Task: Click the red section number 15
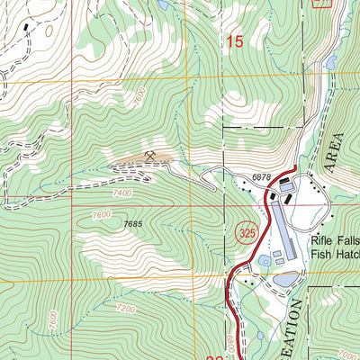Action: [235, 40]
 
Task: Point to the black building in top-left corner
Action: [25, 27]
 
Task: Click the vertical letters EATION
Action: [298, 328]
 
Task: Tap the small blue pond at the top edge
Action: [163, 4]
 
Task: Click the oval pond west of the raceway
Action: [263, 260]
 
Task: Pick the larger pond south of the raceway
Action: [283, 280]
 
